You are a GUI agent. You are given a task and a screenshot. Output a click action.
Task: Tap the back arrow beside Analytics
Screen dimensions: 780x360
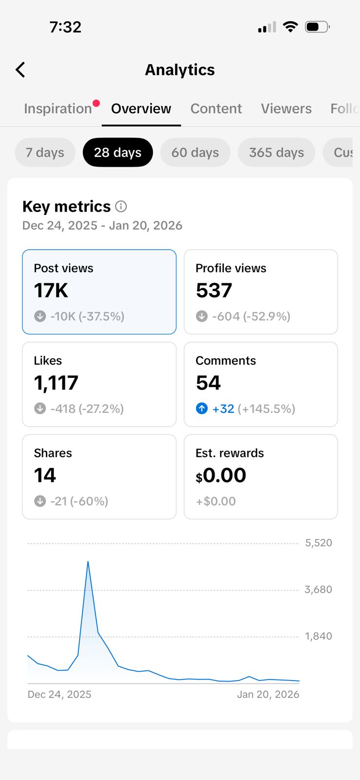click(x=20, y=70)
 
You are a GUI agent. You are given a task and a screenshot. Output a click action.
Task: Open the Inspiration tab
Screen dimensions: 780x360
click(x=58, y=108)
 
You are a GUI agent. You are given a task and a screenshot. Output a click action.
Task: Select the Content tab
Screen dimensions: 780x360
click(x=216, y=108)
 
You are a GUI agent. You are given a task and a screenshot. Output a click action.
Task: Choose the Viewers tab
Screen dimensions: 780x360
click(x=286, y=108)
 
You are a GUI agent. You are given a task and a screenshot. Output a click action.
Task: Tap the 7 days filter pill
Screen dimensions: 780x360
click(x=45, y=153)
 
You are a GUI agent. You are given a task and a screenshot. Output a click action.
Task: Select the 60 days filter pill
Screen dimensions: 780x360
click(x=195, y=153)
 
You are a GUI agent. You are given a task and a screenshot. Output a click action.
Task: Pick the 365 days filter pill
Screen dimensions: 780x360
click(x=276, y=153)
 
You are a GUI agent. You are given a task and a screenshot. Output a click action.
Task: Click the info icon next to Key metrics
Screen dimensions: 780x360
click(x=121, y=207)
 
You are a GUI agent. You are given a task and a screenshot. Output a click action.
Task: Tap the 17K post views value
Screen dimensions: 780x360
click(x=51, y=291)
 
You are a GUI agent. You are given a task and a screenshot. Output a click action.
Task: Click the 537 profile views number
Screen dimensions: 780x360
click(x=214, y=291)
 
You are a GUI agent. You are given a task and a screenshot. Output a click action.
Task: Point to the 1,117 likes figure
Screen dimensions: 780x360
click(x=56, y=383)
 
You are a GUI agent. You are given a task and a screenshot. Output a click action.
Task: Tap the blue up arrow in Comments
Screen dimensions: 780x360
click(x=201, y=409)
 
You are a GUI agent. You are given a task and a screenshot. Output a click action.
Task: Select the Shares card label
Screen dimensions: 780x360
click(x=53, y=453)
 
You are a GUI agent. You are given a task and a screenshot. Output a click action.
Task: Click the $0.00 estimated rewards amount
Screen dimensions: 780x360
click(x=221, y=475)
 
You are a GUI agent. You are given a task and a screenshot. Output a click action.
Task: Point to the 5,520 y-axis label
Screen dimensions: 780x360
click(x=319, y=543)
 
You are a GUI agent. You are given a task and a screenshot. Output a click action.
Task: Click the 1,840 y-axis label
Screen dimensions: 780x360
click(x=319, y=636)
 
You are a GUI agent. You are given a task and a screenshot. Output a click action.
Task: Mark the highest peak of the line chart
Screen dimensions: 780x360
click(x=88, y=562)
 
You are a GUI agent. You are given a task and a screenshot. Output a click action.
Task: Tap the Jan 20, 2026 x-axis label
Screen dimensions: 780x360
click(x=268, y=694)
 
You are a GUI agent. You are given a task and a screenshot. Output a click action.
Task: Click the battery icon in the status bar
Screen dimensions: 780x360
click(x=317, y=27)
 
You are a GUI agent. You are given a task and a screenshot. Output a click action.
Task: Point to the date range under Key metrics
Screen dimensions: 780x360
click(x=102, y=225)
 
